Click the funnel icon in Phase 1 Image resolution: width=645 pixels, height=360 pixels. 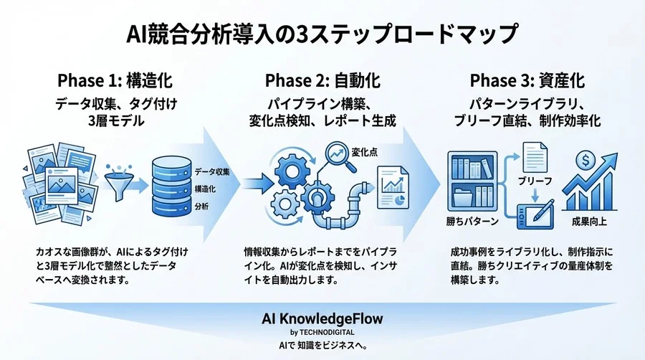pos(119,186)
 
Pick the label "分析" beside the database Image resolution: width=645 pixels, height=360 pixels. pos(201,207)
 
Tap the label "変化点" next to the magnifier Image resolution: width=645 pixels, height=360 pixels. pos(366,151)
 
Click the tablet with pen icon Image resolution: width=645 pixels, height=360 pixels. pos(537,208)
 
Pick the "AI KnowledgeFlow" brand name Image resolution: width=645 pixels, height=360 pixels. pos(322,319)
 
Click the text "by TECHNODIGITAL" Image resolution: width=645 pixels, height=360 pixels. pos(322,332)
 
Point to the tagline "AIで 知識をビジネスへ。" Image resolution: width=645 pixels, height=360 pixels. pos(322,346)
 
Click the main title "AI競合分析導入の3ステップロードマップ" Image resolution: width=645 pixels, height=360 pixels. pos(322,33)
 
